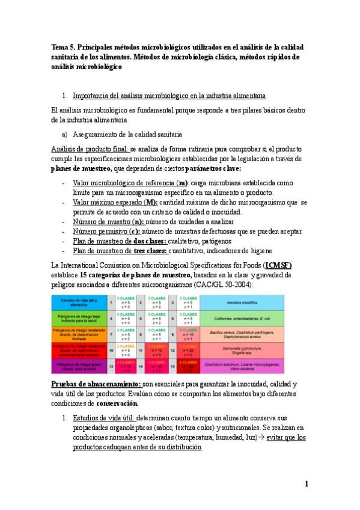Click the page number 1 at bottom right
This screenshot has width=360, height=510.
pyautogui.click(x=306, y=483)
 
